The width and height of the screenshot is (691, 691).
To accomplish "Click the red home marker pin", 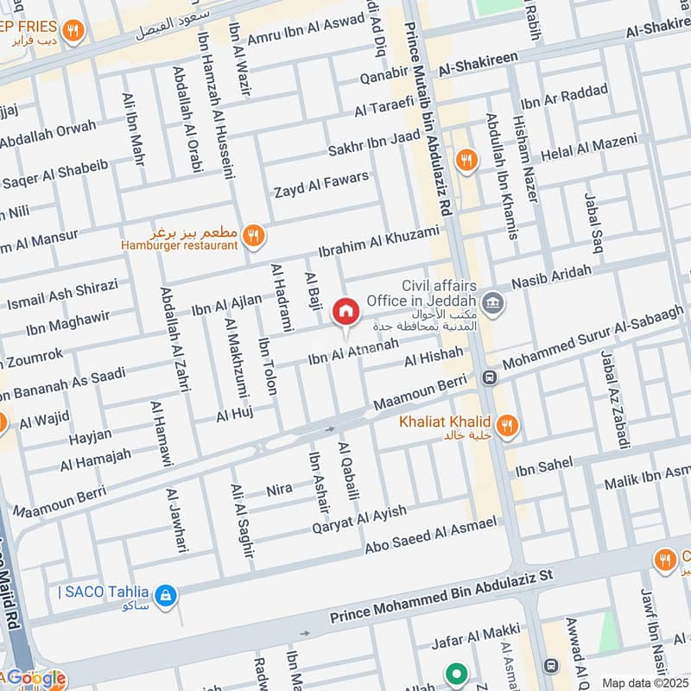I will click(345, 312).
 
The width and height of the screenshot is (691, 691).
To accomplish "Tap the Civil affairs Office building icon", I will click(493, 301).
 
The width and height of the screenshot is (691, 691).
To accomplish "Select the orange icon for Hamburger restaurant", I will click(253, 234).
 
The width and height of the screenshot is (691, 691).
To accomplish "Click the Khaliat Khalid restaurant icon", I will click(508, 424).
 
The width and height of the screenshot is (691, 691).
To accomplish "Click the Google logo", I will click(35, 679).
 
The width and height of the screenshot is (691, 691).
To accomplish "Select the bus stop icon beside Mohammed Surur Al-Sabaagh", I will click(490, 377).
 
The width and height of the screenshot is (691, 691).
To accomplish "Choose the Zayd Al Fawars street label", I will click(321, 184).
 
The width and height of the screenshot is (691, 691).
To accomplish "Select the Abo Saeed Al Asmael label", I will click(432, 533).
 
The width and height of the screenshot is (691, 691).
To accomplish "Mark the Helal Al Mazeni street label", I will click(589, 148).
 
